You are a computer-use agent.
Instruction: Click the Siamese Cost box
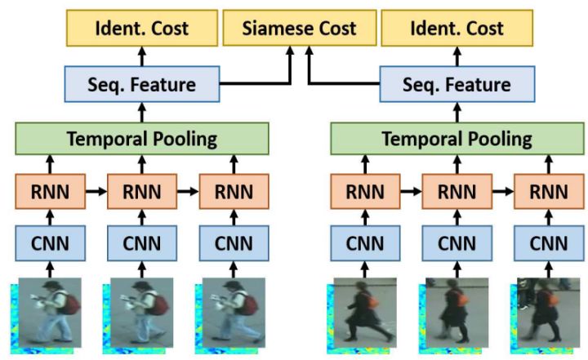[301, 29]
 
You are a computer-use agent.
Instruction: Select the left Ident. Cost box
[142, 29]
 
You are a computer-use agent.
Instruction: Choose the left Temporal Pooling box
[142, 139]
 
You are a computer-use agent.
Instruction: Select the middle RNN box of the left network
[141, 193]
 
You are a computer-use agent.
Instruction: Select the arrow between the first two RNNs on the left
[95, 193]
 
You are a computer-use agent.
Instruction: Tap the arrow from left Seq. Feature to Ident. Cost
[142, 56]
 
